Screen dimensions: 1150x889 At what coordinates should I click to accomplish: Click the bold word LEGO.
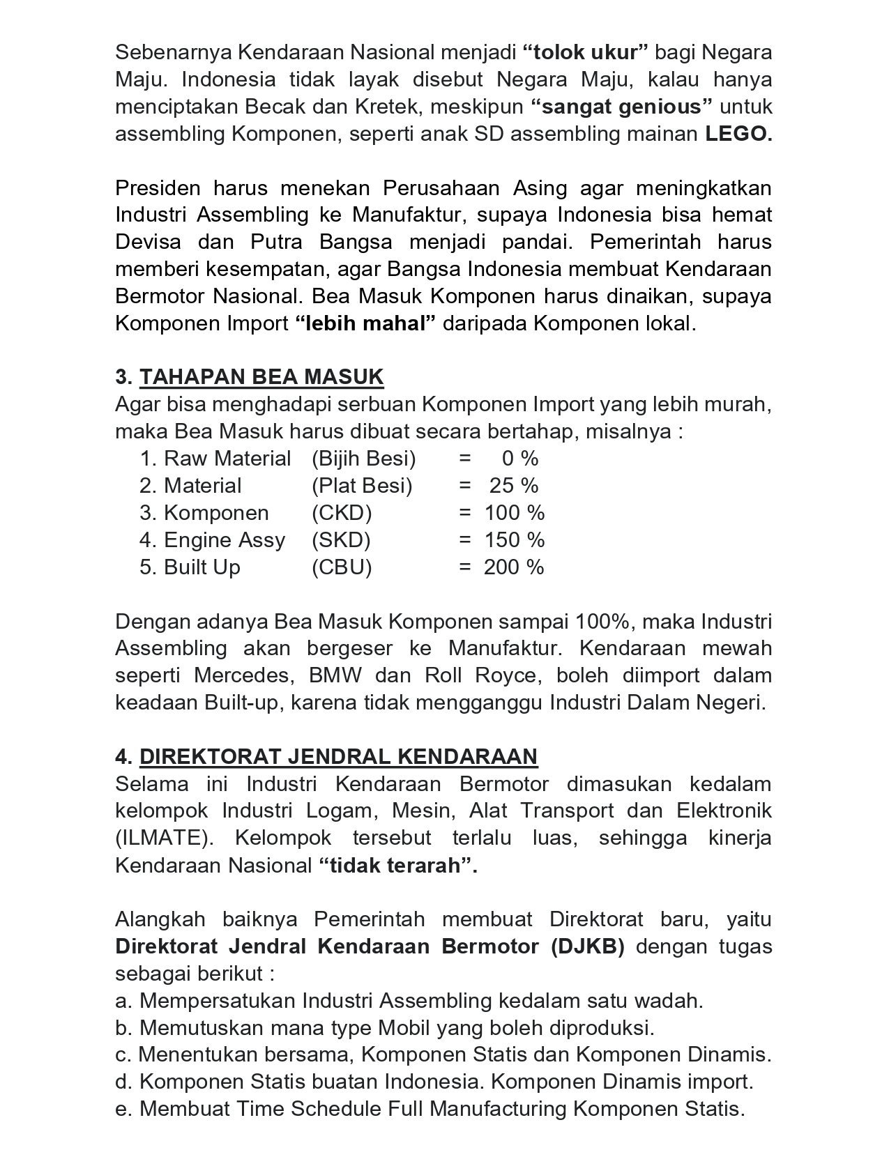(738, 134)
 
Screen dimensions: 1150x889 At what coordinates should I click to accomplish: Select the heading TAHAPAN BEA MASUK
(261, 377)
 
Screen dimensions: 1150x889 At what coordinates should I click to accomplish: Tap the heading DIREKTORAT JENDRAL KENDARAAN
(338, 757)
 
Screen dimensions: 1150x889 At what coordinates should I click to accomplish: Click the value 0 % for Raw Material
(519, 459)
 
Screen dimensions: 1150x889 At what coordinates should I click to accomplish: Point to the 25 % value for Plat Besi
(513, 486)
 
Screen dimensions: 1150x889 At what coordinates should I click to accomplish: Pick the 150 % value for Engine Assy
(514, 540)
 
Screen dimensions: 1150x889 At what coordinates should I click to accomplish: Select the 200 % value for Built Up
(514, 567)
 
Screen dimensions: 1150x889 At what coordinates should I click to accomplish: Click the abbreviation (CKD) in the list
(342, 513)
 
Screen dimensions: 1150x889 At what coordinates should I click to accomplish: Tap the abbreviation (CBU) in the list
(342, 567)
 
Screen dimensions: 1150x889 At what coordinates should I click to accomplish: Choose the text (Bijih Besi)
(363, 459)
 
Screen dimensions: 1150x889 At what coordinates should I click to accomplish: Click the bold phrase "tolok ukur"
(586, 52)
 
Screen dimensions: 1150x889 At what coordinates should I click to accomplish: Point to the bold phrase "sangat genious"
(621, 107)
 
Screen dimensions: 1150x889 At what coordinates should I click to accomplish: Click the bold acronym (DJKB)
(587, 947)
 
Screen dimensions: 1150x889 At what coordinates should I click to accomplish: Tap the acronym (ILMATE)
(163, 838)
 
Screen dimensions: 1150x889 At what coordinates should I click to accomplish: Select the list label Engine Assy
(224, 540)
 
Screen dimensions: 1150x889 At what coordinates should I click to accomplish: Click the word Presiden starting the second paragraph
(158, 188)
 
